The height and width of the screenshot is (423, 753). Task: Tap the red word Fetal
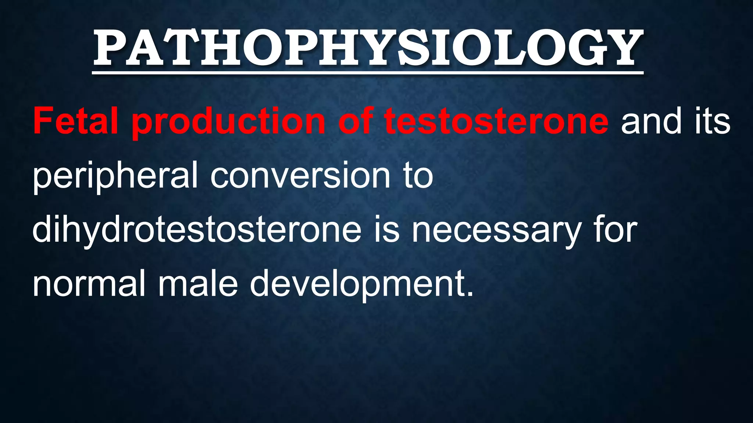75,121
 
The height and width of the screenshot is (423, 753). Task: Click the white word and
650,121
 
